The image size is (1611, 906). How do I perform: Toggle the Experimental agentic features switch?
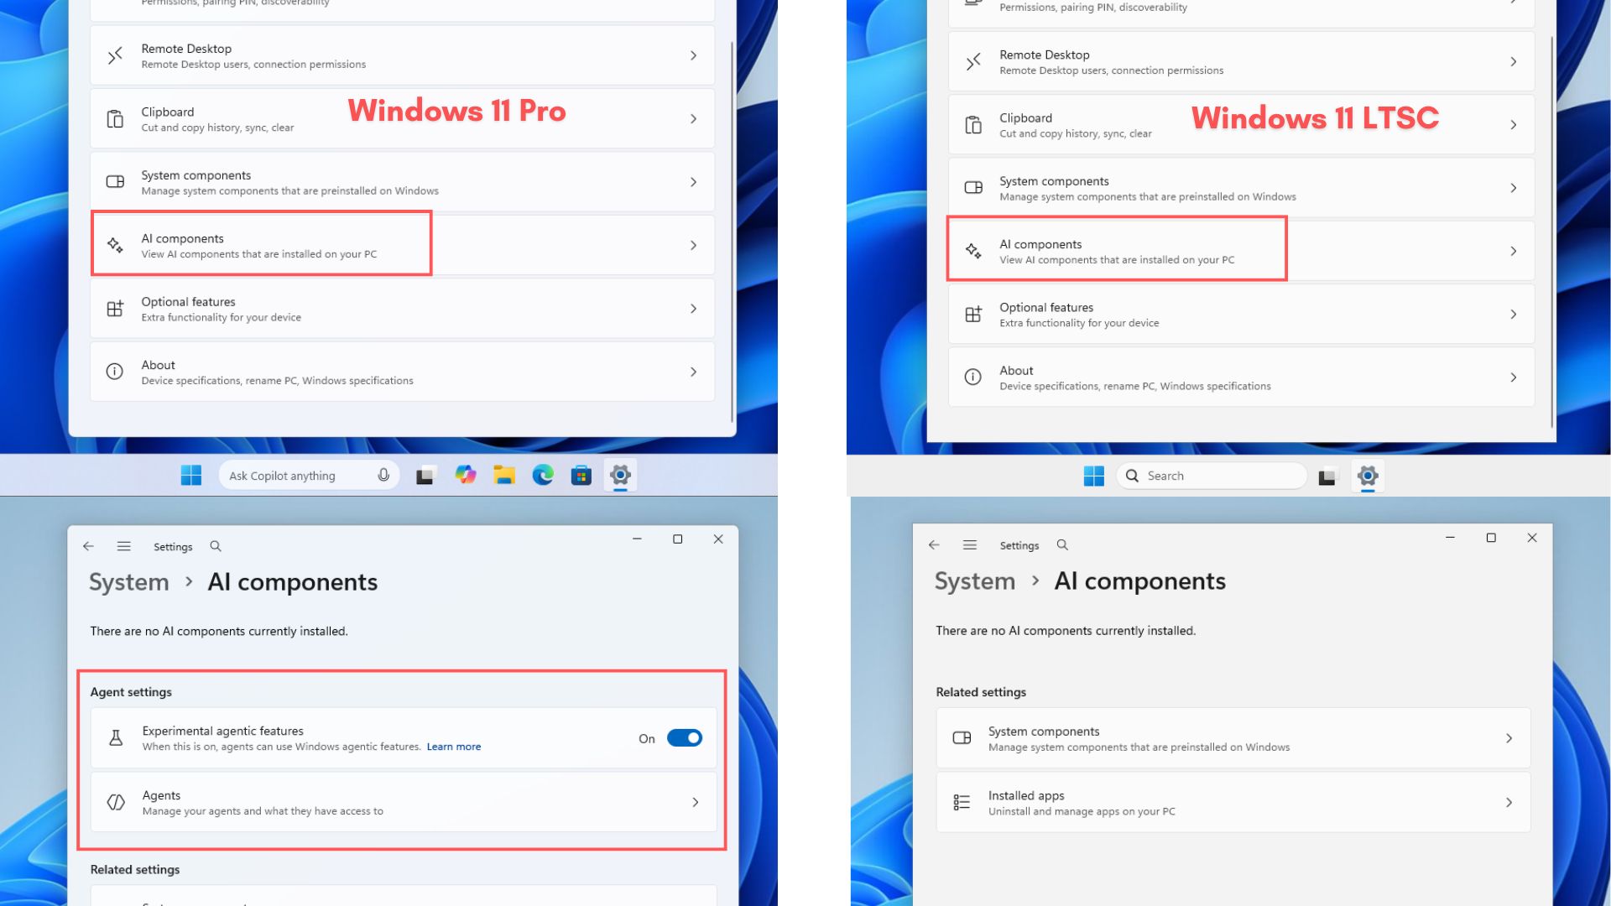click(x=685, y=738)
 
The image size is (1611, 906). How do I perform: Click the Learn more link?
click(x=453, y=747)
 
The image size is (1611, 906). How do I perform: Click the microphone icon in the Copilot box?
click(x=383, y=476)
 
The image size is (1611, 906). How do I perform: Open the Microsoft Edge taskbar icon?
click(x=543, y=476)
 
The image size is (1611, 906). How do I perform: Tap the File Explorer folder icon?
click(x=503, y=476)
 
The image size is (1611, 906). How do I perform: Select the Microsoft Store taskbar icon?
click(x=581, y=476)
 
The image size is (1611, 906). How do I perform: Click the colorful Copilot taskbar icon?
click(x=465, y=476)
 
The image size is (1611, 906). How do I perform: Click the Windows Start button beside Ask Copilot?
click(x=191, y=476)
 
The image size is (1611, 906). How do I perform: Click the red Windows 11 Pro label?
click(x=456, y=111)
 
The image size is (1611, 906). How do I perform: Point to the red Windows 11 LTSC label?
click(x=1315, y=117)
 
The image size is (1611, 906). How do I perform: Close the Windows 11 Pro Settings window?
click(x=718, y=539)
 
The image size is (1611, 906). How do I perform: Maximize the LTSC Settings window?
click(x=1491, y=538)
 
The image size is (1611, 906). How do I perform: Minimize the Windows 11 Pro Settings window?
click(x=637, y=539)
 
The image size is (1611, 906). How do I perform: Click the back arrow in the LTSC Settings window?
click(x=934, y=545)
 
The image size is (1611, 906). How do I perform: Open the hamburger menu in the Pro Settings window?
click(x=124, y=546)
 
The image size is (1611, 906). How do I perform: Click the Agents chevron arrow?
click(x=695, y=803)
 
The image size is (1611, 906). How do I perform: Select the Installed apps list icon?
click(x=962, y=803)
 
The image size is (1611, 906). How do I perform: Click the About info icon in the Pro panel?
click(x=115, y=372)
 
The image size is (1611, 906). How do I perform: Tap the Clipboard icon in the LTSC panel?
click(x=973, y=125)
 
